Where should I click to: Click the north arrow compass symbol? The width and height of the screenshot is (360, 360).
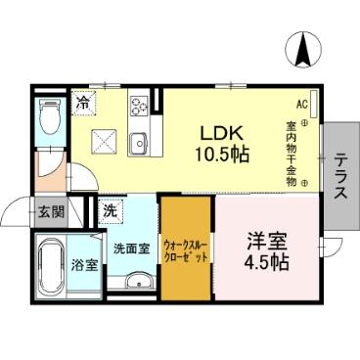[302, 47]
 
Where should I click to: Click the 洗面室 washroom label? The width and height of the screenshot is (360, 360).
[132, 248]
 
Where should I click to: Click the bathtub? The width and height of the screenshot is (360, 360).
[48, 266]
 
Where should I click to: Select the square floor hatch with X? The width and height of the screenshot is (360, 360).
[103, 140]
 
